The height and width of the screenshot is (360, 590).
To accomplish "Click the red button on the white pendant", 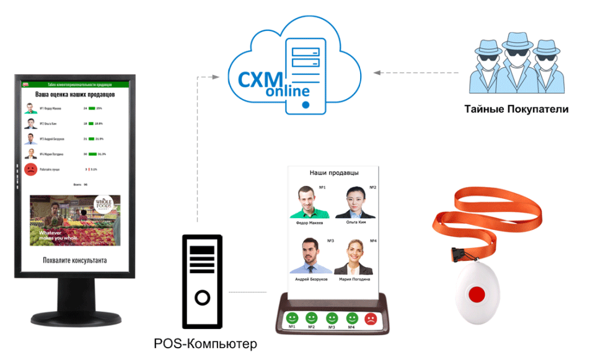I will click(477, 294).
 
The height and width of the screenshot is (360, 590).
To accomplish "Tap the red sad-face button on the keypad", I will click(371, 319).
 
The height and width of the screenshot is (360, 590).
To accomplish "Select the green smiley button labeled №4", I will click(351, 318).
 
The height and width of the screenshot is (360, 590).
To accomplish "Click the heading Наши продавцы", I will click(334, 173).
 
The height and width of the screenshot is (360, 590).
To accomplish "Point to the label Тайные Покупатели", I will click(516, 110).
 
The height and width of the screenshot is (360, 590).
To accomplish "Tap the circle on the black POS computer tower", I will click(203, 299).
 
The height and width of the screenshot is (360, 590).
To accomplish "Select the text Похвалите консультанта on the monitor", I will click(74, 260).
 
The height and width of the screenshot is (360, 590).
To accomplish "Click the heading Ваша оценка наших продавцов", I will click(74, 95).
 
